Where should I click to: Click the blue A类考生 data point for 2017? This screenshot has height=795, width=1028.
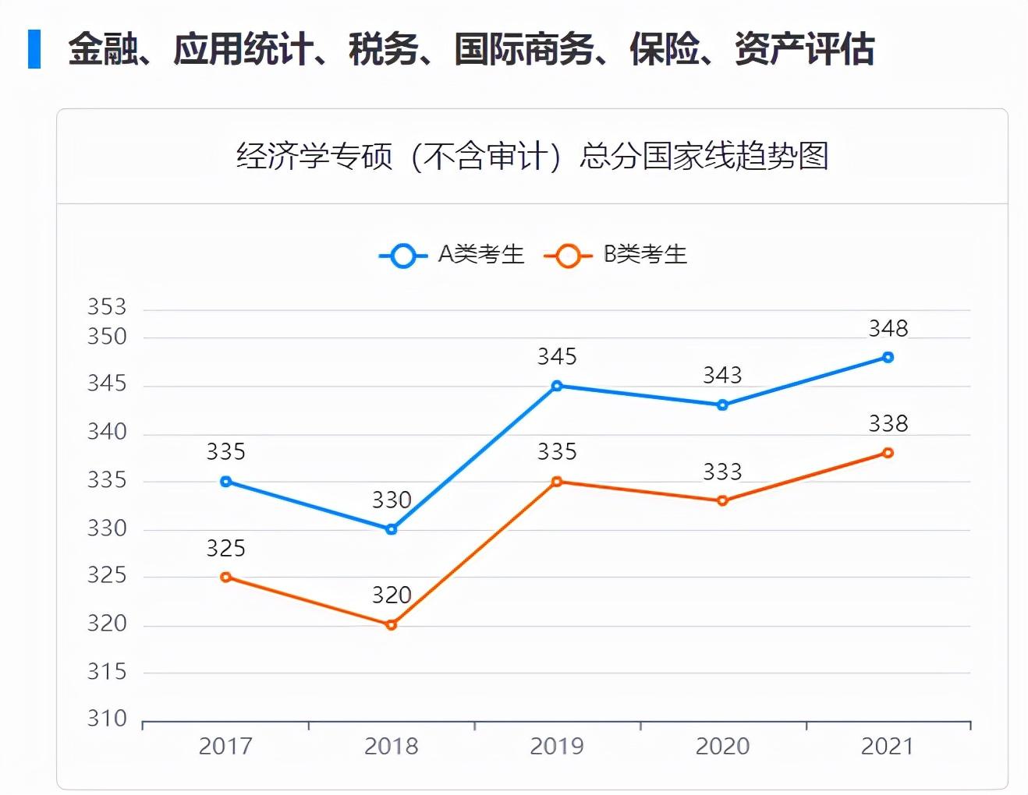coord(226,482)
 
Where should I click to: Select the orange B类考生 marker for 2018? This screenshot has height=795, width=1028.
coord(392,624)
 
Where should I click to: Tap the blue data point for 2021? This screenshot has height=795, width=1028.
coord(888,357)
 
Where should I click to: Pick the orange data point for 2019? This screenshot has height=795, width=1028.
coord(557,482)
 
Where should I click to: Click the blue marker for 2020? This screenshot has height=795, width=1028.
coord(722,405)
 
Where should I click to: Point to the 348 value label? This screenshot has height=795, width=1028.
coord(888,328)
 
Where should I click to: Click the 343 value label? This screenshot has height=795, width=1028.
coord(722,376)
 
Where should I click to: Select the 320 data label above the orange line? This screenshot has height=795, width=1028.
coord(392,595)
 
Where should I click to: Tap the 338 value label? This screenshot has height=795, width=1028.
coord(888,424)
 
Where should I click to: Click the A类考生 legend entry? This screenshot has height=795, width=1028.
coord(452,255)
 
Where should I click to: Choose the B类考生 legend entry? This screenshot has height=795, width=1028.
coord(617,255)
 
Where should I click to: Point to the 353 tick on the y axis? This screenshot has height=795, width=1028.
coord(107,307)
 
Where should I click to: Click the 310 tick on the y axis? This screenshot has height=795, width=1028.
coord(107,719)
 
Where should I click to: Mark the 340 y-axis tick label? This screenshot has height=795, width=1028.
coord(107,433)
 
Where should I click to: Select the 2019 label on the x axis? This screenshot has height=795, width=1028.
coord(557,747)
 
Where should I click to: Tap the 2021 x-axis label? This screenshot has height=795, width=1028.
coord(888,747)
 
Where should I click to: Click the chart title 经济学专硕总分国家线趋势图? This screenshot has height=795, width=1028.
coord(532,156)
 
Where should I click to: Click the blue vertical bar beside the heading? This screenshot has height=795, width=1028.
coord(34,49)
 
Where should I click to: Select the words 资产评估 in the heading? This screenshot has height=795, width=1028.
coord(804,49)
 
